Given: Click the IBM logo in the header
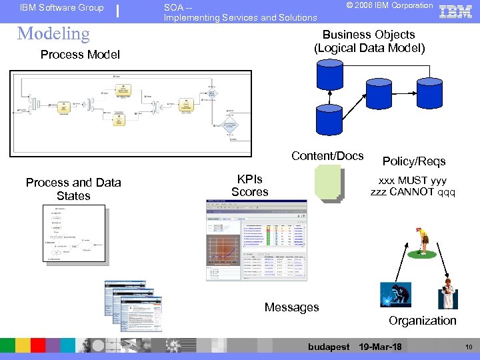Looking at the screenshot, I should [x=457, y=11].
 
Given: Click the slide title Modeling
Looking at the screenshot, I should [x=53, y=33].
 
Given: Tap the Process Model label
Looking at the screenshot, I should [x=80, y=55].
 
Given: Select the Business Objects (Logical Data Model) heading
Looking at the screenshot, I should [x=369, y=41].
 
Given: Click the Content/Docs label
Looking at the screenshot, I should [x=327, y=156].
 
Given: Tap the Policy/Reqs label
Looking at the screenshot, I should [x=414, y=161].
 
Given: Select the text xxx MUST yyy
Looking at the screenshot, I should [x=413, y=180].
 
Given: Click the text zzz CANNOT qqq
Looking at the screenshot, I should [x=413, y=192].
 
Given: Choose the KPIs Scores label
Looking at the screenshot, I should [x=250, y=185].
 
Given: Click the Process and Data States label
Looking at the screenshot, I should [x=73, y=189].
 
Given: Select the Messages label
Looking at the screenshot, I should [x=291, y=307].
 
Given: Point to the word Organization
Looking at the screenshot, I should [x=423, y=321].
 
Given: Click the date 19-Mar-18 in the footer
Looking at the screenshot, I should [x=380, y=347].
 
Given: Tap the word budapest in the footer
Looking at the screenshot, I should [x=329, y=347].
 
